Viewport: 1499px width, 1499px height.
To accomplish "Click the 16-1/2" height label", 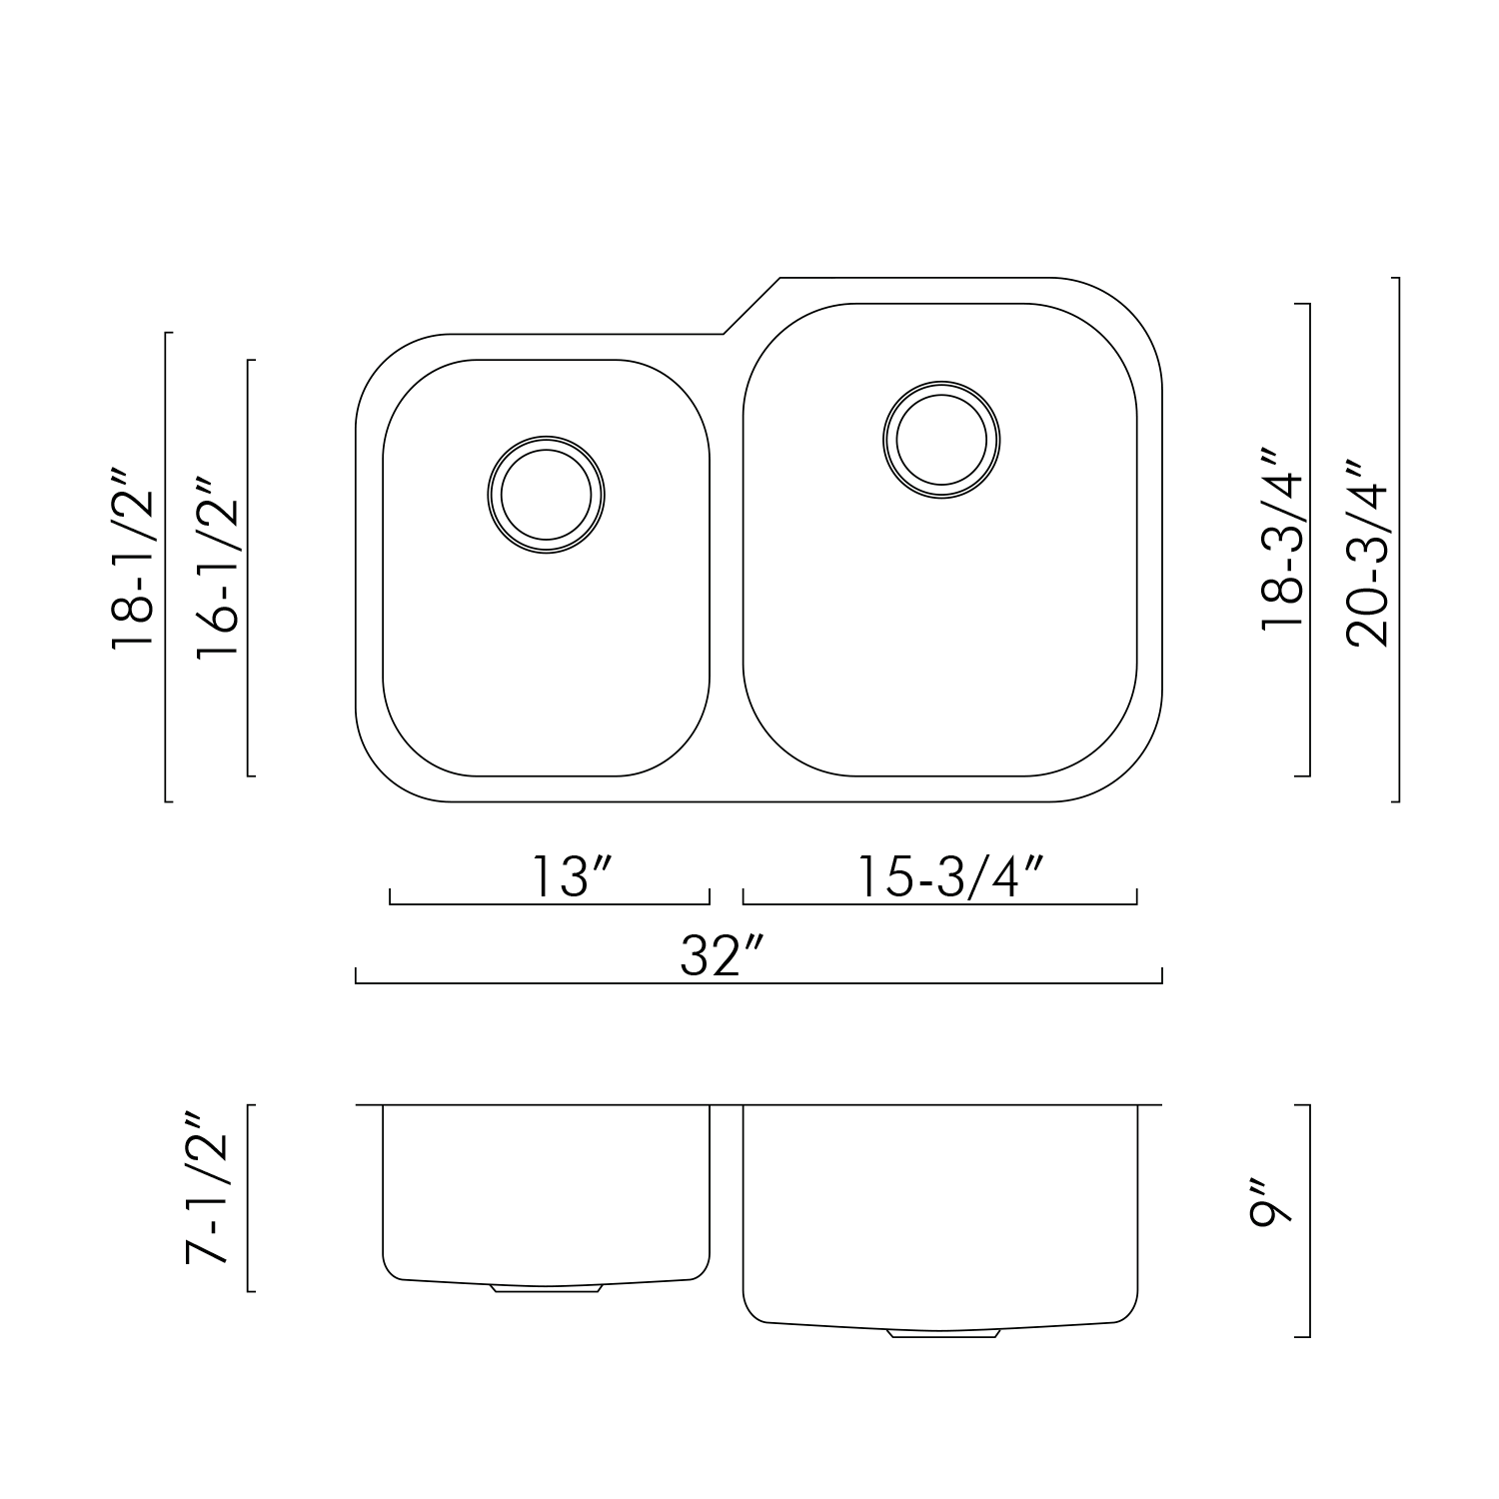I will [218, 567].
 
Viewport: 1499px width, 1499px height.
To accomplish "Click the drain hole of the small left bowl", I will [547, 495].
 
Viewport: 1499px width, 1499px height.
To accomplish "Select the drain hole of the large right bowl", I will [942, 439].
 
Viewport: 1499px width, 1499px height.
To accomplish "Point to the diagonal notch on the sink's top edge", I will [750, 306].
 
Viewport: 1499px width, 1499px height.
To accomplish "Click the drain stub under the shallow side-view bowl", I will [547, 1289].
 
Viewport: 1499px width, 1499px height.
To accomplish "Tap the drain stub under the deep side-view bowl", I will [943, 1334].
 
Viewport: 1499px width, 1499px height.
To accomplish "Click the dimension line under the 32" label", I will [758, 983].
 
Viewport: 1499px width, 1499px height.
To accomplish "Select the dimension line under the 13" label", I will [549, 903].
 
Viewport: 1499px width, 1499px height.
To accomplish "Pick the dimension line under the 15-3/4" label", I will [939, 903].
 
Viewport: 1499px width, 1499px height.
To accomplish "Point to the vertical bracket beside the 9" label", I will [1308, 1220].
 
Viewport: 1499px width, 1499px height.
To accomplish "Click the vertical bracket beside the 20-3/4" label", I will [1397, 540].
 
